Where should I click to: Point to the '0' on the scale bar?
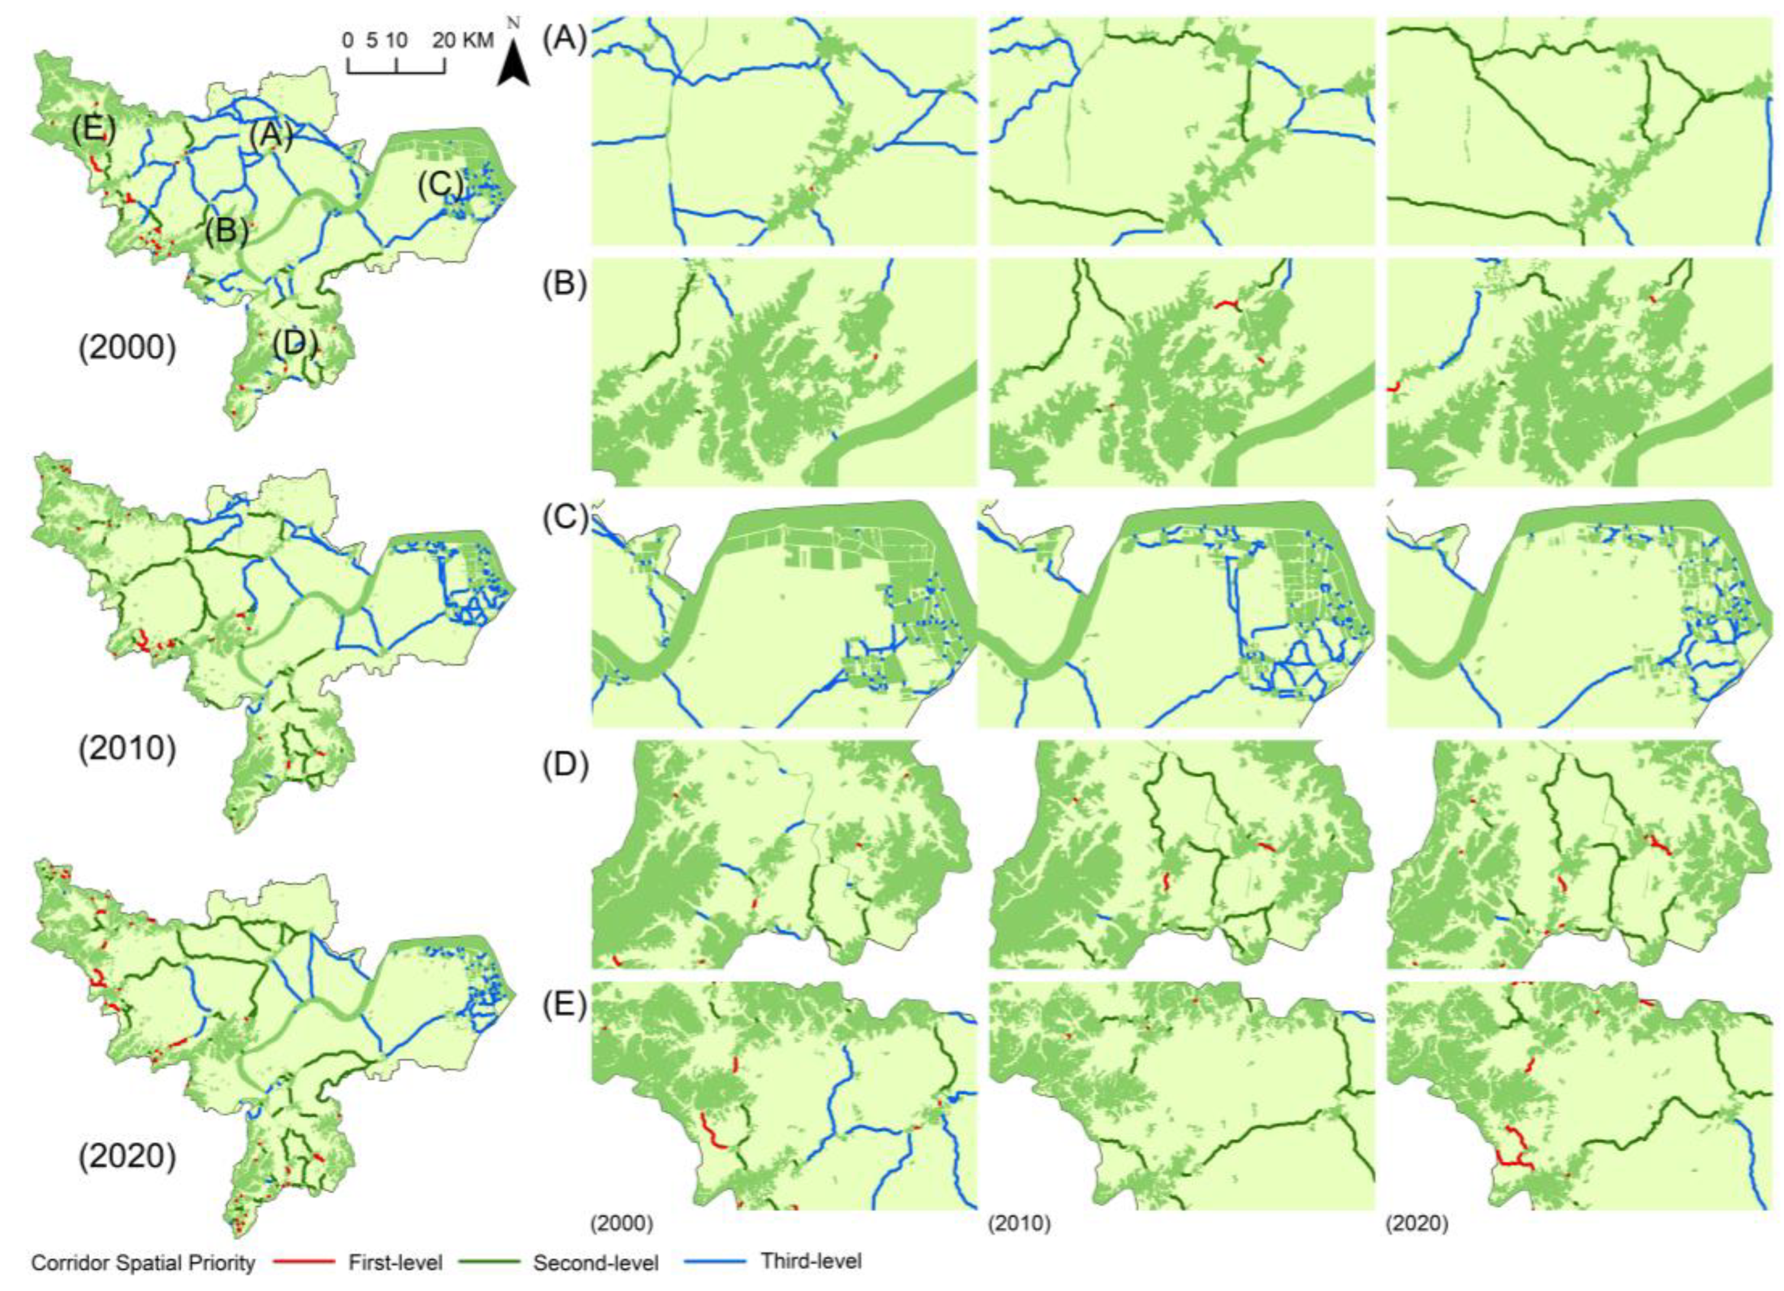click(x=348, y=40)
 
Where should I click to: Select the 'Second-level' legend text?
click(x=595, y=1263)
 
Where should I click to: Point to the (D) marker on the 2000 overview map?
click(x=296, y=343)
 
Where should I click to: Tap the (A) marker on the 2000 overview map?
click(x=271, y=136)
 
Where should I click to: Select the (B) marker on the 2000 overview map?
click(x=227, y=231)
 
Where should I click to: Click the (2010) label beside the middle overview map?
click(x=127, y=748)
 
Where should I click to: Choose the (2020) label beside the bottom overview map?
click(x=127, y=1156)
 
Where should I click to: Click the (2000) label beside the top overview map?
click(x=127, y=348)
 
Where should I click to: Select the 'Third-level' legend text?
click(x=811, y=1261)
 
